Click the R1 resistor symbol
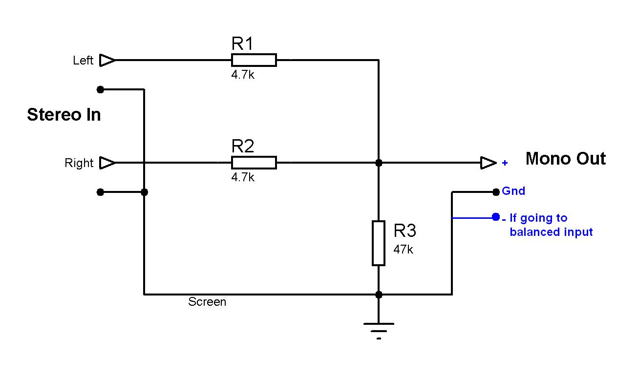click(254, 60)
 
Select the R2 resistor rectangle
click(254, 163)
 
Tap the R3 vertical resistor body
click(379, 243)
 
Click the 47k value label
click(404, 249)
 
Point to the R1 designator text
click(242, 44)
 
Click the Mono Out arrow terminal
click(488, 163)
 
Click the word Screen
click(207, 302)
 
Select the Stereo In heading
click(64, 115)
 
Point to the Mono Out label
click(565, 159)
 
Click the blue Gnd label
click(513, 191)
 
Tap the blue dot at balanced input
click(496, 217)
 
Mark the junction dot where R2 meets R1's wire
click(379, 163)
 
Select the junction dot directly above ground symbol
click(379, 295)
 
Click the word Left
click(83, 61)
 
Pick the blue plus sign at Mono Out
click(505, 163)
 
